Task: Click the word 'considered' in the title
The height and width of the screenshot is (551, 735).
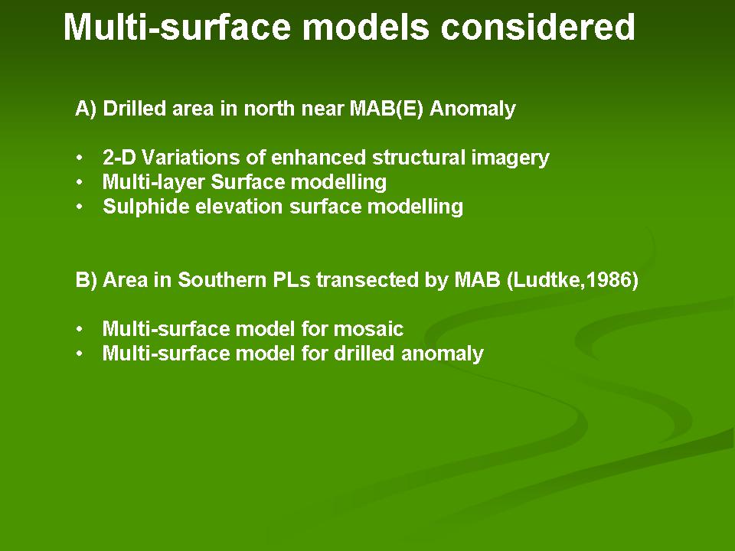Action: [x=537, y=28]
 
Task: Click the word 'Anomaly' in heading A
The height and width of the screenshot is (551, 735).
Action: [x=472, y=109]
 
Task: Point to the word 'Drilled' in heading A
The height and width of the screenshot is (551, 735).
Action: [x=135, y=108]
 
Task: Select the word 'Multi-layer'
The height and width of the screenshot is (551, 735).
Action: [x=154, y=183]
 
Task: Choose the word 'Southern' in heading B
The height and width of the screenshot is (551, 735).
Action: [x=220, y=280]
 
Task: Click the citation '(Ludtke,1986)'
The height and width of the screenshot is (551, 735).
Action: [x=573, y=280]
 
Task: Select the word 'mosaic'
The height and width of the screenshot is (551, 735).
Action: [x=368, y=329]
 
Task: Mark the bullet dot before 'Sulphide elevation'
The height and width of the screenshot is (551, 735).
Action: [x=80, y=207]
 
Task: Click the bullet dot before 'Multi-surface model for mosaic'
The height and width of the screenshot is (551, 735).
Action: [x=80, y=329]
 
